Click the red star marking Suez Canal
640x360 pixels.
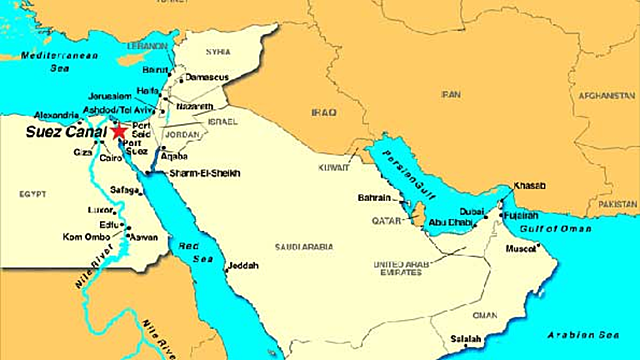(x=119, y=130)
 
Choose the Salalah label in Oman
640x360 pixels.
(x=466, y=337)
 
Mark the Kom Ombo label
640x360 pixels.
(x=85, y=236)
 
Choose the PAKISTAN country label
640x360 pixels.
(x=617, y=202)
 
